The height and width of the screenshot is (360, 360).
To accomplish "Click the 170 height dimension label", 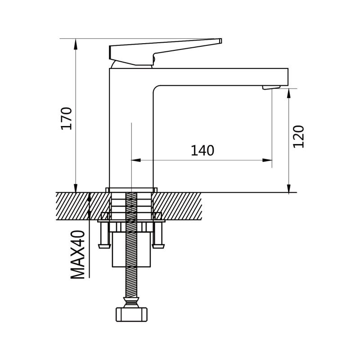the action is pos(67,118).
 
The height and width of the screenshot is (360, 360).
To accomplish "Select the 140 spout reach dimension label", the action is pos(202,151).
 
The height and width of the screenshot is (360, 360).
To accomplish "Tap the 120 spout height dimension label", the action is pos(298,137).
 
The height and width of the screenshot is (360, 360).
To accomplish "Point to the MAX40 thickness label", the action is pos(77,255).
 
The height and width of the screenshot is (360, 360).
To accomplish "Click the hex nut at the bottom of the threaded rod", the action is pos(131,314).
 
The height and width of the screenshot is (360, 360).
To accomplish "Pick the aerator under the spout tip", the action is pos(271,87).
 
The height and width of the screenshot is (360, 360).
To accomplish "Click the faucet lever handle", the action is pos(165,52).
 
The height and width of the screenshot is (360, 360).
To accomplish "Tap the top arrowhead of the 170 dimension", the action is pos(76,44).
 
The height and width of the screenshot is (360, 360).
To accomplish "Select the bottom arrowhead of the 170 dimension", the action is pos(76,187).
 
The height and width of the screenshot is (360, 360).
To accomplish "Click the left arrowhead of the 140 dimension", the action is pos(136,160).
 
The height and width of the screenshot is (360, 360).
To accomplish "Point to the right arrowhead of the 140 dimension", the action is pos(267,160).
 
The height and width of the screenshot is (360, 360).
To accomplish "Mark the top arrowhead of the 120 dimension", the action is pos(289,94).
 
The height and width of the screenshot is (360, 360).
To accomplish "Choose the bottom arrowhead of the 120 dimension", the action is pos(289,188).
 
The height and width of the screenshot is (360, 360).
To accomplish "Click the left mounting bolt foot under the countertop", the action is pos(104,246).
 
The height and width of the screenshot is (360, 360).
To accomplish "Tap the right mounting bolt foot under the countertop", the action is pos(158,246).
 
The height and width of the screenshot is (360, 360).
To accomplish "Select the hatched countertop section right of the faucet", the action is pos(177,206).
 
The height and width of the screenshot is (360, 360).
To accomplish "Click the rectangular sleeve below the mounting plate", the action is pos(131,249).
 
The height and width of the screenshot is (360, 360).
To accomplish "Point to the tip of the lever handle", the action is pos(220,41).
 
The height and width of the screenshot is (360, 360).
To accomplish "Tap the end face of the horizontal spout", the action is pos(288,77).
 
